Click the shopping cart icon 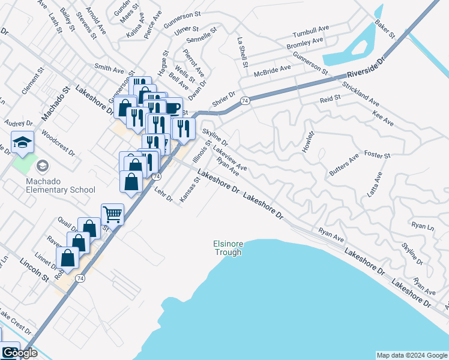112,213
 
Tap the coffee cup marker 172,108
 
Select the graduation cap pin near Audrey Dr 23,142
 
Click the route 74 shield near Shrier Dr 245,101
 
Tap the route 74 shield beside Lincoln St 80,278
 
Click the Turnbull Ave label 311,32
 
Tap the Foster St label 377,155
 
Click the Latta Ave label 375,185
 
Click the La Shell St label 243,52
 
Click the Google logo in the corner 19,353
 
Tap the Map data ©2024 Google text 412,355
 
